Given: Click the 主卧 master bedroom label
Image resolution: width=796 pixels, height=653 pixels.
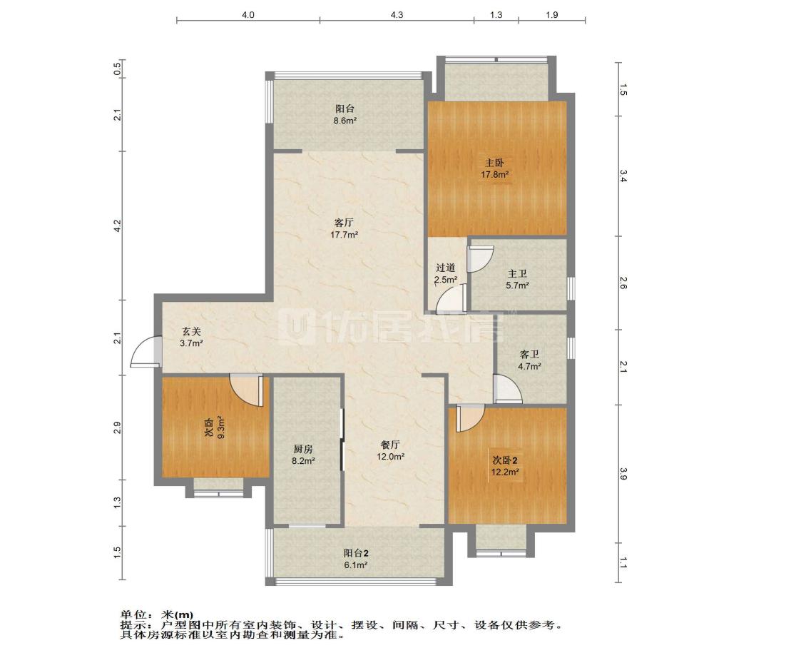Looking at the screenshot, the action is coord(494,163).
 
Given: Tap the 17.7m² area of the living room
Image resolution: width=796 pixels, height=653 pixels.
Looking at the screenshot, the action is coord(345,235).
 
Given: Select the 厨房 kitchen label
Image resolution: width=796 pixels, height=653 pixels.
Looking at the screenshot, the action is coord(303,450).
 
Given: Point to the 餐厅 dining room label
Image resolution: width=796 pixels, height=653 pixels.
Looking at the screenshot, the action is coord(390,445).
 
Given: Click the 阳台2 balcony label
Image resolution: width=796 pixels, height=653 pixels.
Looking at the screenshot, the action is coord(355,553).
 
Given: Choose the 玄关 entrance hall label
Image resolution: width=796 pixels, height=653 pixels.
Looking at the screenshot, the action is coord(192,332).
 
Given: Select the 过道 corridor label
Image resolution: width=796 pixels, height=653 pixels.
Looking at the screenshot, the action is coord(445,268).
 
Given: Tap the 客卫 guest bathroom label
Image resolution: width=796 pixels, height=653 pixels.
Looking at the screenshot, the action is coord(529,355).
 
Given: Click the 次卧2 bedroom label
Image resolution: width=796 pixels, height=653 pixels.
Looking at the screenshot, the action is coord(505,460).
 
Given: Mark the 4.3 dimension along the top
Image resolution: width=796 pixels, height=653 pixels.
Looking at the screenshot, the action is coord(397,15).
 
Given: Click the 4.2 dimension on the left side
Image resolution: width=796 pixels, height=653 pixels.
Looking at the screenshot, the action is coord(117,226).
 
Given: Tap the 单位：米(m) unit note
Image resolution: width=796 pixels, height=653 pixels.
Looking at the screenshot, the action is coord(156,615).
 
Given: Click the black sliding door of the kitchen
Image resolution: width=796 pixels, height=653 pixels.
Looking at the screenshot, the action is coord(342,440).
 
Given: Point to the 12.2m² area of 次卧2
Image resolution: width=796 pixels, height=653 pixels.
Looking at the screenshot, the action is coord(504,472).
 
